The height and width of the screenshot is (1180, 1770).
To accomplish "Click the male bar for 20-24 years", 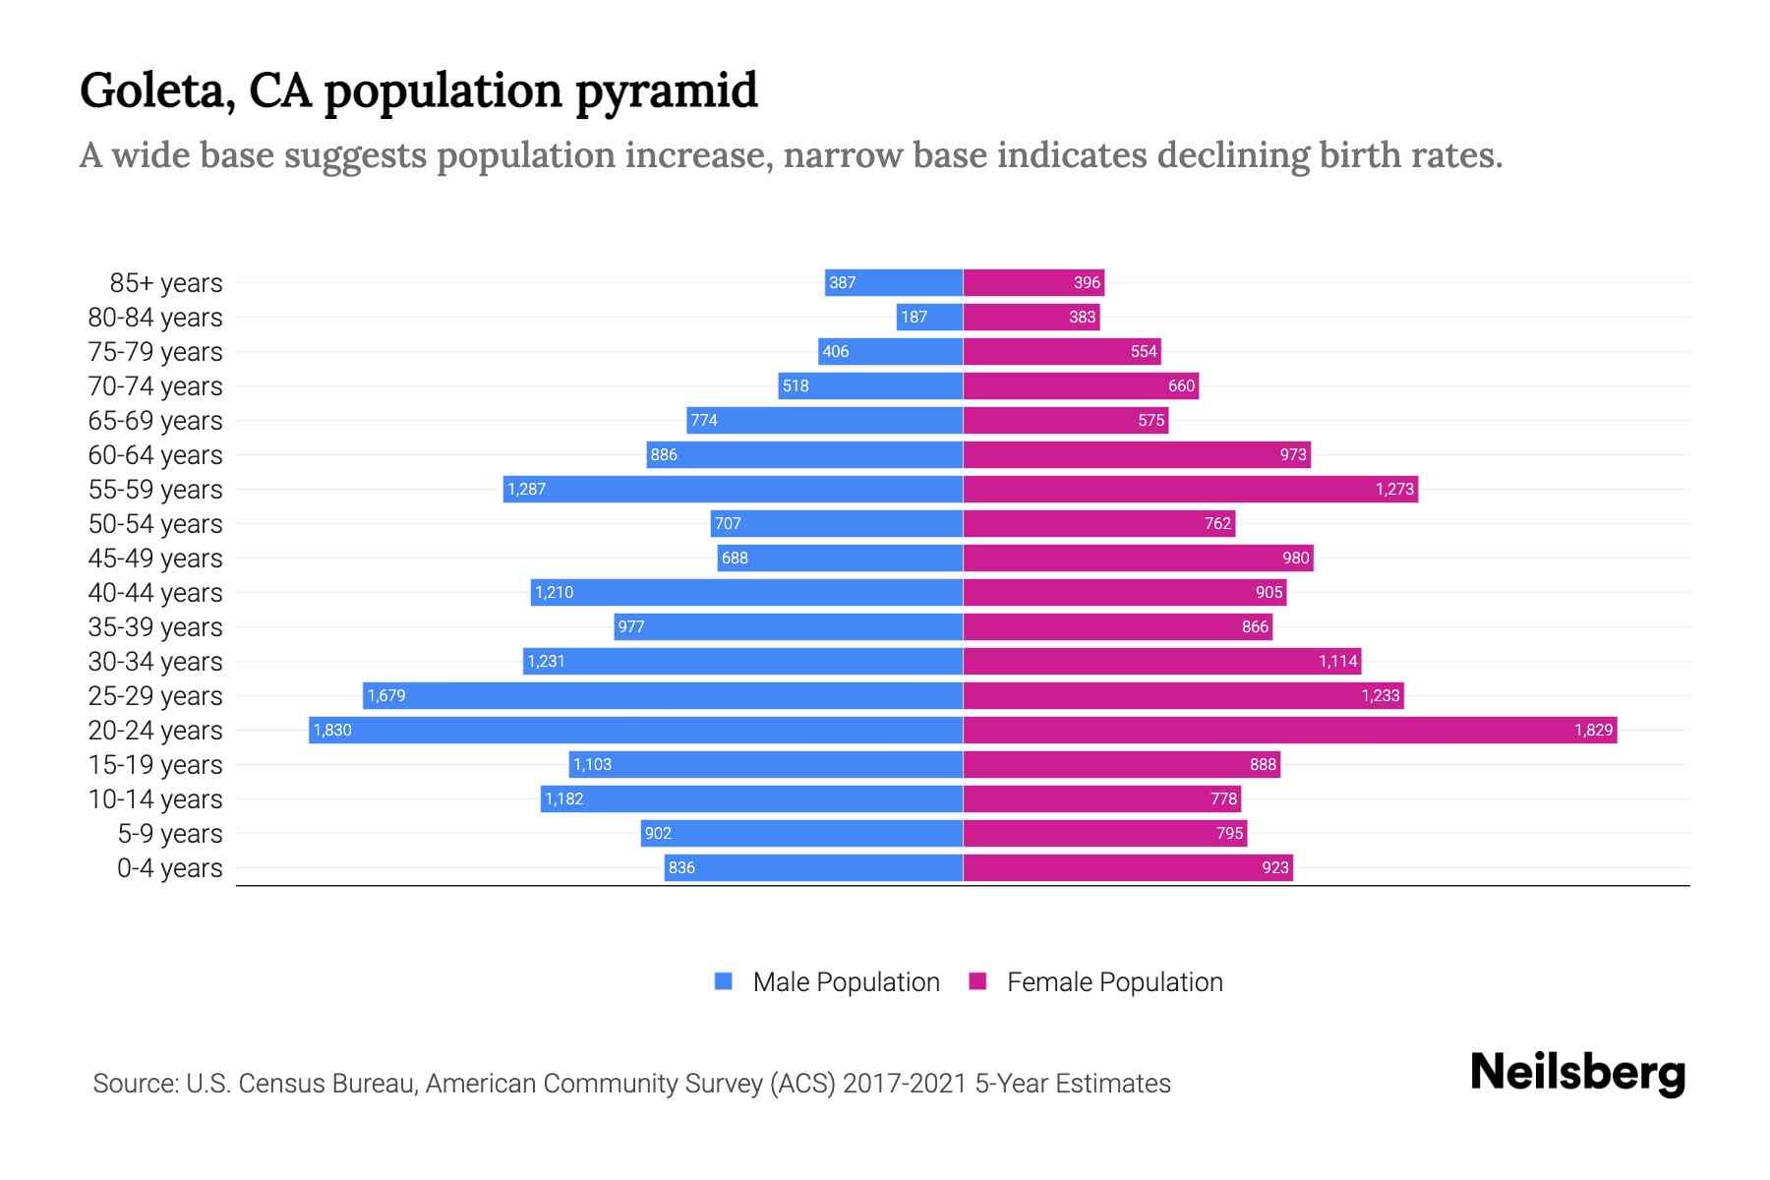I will click(x=635, y=730).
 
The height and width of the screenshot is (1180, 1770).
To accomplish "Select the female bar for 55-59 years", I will click(x=1190, y=489).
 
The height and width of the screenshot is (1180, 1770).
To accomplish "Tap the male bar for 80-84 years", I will click(x=929, y=317).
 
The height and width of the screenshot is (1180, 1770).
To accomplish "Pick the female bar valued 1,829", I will click(x=1289, y=730).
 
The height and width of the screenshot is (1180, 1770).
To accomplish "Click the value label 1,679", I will click(x=386, y=695).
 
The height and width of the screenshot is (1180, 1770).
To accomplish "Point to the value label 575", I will click(x=1150, y=420).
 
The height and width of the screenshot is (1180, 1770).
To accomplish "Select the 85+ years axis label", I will click(x=166, y=283).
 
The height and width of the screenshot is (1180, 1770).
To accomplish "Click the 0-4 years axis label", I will click(x=169, y=868).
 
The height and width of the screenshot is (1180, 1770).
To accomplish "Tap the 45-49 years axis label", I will click(x=155, y=559).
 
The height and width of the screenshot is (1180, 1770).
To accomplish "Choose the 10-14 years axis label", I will click(x=155, y=799).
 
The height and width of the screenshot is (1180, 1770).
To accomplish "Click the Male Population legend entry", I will click(x=827, y=981).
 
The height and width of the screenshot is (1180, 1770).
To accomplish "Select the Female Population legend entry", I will click(x=1096, y=981).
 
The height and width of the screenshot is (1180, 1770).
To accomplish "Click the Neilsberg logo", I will click(x=1577, y=1073).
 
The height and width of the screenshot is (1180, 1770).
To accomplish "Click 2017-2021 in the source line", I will click(x=905, y=1084).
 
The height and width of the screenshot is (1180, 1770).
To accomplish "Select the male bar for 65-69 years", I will click(x=824, y=420).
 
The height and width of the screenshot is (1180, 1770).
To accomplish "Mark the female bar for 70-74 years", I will click(x=1081, y=385).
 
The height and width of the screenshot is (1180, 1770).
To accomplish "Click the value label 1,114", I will click(x=1337, y=661).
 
